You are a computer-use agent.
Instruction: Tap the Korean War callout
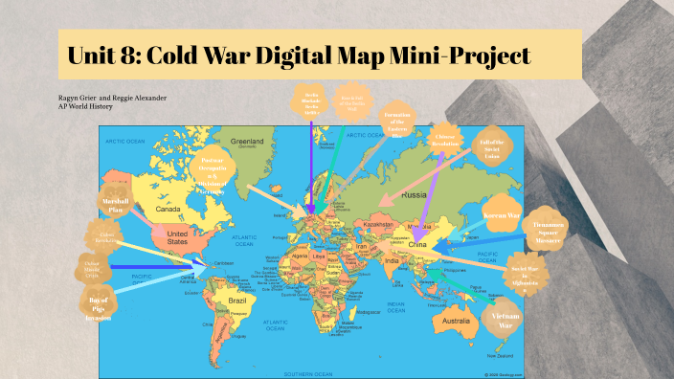(x=501, y=208)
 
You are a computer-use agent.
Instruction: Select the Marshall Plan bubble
(x=114, y=205)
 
